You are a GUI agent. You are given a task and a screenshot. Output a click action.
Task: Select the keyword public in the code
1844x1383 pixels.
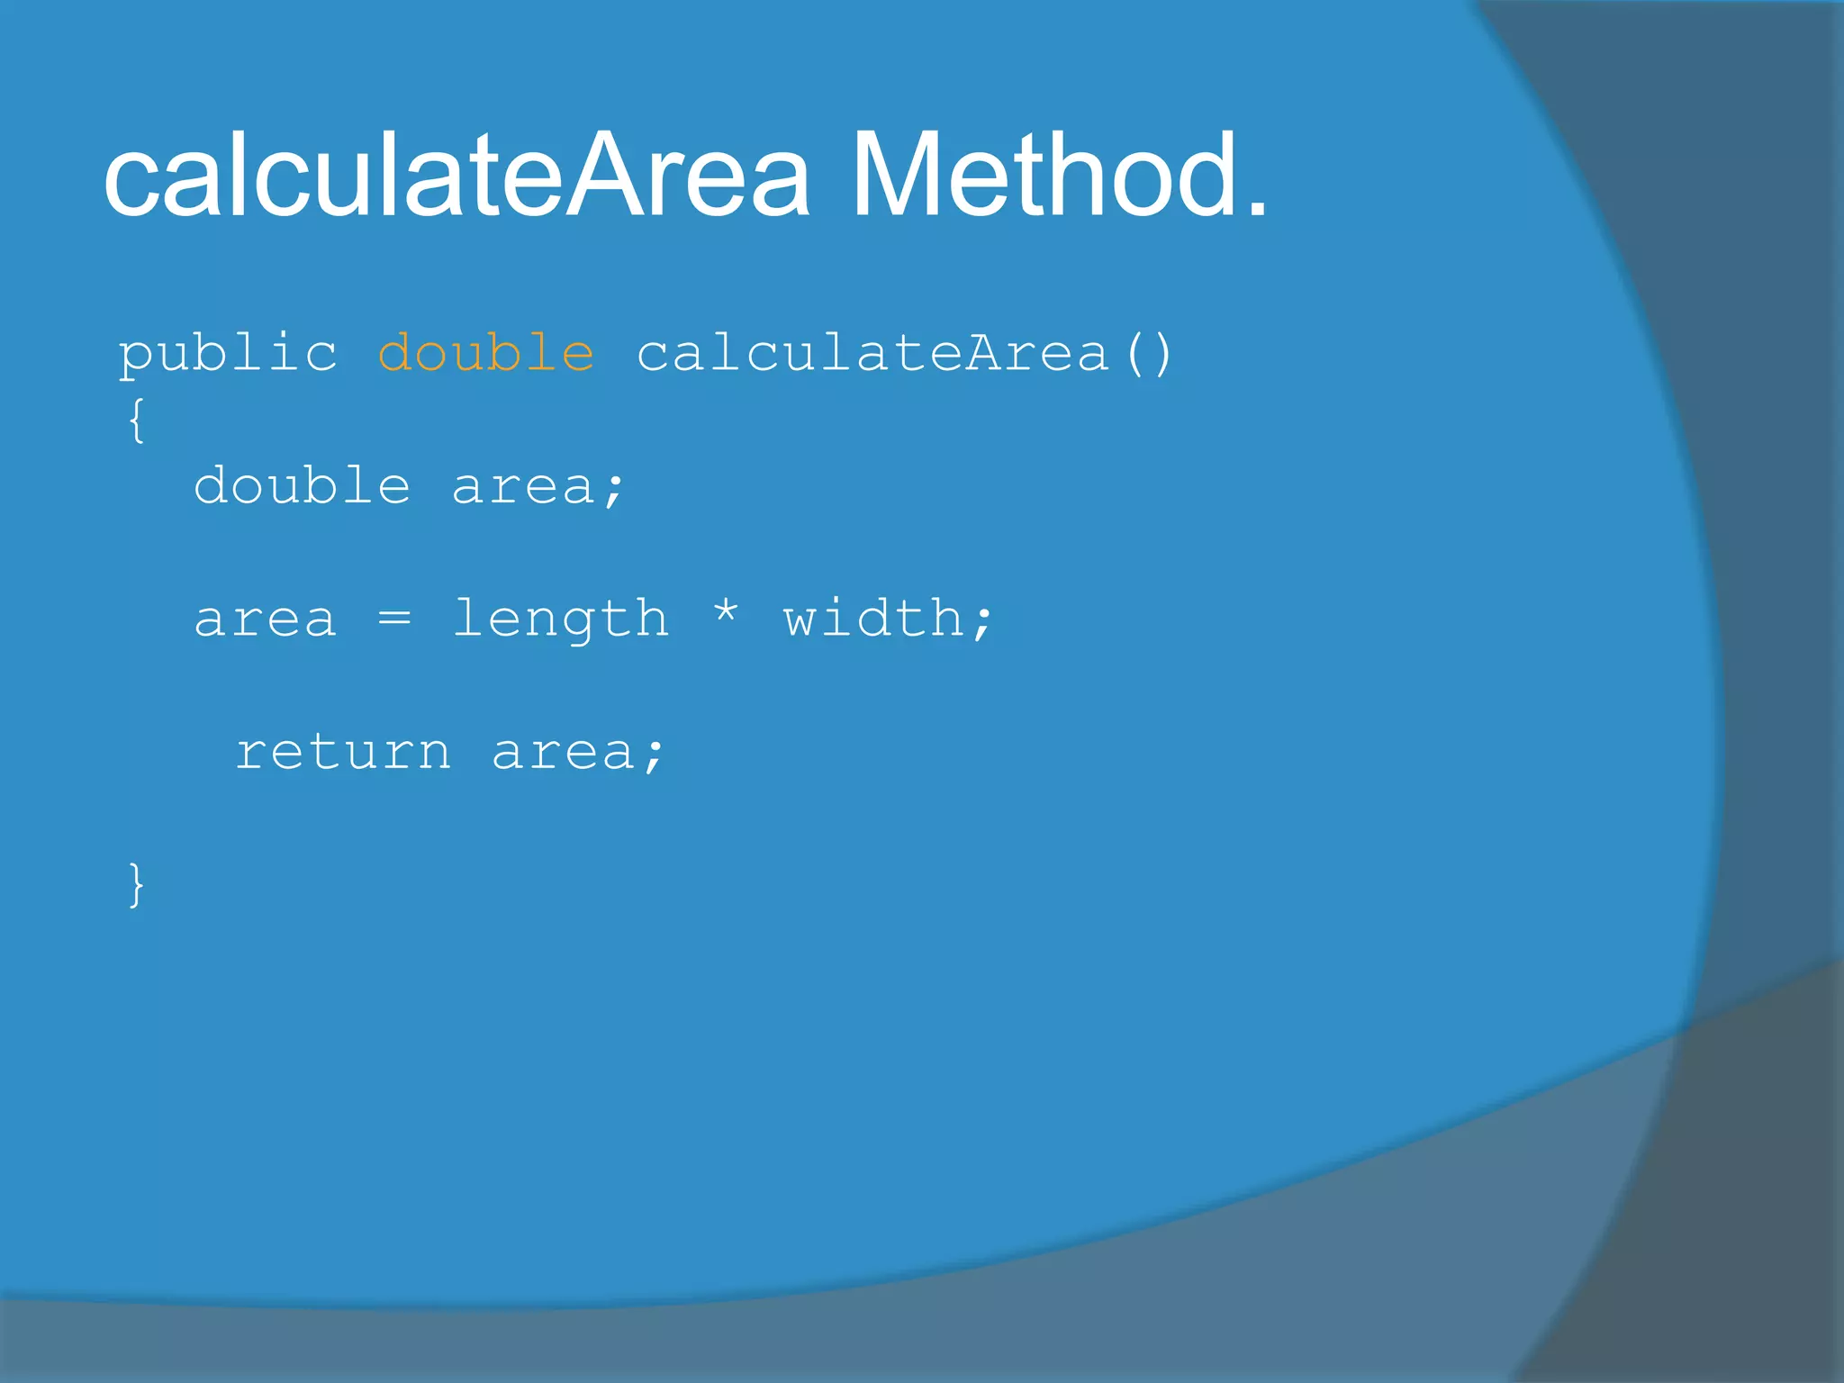click(228, 353)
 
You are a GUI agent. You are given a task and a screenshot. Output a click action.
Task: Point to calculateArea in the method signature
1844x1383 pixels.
click(872, 353)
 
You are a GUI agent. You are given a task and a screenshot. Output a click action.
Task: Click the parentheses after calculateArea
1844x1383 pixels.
click(1149, 353)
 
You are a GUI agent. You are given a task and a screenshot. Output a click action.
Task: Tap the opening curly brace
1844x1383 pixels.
click(136, 420)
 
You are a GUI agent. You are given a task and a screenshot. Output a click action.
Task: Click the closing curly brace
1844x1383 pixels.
click(136, 884)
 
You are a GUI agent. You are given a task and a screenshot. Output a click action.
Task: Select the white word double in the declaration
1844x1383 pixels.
click(303, 486)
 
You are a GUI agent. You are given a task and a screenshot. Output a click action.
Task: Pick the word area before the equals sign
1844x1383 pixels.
click(266, 620)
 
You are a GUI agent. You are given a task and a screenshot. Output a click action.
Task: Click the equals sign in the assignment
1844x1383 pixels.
click(394, 619)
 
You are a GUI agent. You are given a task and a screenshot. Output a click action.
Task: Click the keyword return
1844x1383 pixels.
click(343, 752)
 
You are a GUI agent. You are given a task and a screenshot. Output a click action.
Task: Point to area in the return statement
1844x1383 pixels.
click(564, 754)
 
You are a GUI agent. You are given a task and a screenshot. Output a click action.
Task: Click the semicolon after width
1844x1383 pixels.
click(982, 622)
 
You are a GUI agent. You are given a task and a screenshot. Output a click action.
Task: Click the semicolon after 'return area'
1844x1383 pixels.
click(654, 755)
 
